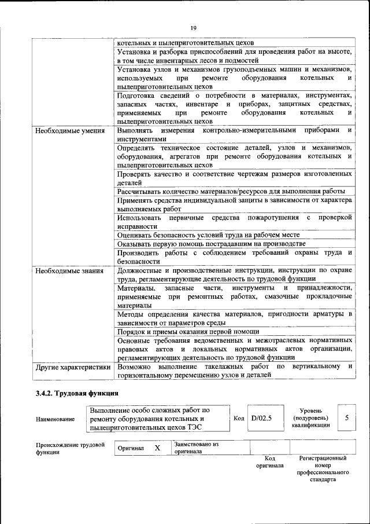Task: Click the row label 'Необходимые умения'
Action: [70, 131]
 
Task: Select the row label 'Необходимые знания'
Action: [69, 270]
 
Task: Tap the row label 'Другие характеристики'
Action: [73, 367]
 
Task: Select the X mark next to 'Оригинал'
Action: [157, 448]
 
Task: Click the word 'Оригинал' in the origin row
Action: [131, 449]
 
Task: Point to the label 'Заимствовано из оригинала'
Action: [196, 448]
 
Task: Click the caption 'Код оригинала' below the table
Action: [270, 461]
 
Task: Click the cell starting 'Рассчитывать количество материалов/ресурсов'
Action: [231, 191]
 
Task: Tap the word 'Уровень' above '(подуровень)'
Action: [310, 410]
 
